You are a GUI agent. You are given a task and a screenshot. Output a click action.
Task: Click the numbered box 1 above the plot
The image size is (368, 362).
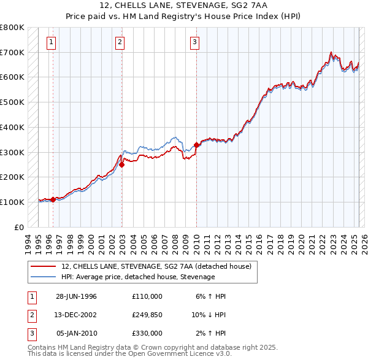tap(50, 42)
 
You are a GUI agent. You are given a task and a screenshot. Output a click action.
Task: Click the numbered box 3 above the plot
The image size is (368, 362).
tap(194, 42)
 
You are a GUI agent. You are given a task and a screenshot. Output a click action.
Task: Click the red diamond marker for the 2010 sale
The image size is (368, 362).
tap(196, 145)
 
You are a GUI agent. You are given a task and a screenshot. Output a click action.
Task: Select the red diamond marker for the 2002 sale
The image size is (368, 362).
tap(122, 164)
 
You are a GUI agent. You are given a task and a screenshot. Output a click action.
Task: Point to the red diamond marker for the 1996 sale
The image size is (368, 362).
tap(53, 199)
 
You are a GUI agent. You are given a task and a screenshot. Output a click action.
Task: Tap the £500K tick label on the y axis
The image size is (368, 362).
tap(12, 102)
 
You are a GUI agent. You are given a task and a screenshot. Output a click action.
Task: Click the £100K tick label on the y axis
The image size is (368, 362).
tap(12, 202)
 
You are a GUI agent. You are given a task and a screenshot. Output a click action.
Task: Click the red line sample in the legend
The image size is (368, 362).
tap(43, 267)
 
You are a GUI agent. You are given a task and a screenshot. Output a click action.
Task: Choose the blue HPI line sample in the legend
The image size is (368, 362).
tap(43, 277)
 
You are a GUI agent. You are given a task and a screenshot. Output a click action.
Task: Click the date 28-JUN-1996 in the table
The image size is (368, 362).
tap(76, 296)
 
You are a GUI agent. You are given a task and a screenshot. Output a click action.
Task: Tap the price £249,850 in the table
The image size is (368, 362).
tap(147, 315)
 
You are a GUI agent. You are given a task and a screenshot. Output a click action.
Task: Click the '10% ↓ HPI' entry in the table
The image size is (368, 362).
tap(209, 315)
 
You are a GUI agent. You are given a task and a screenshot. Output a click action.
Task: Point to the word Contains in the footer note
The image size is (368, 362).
tap(43, 347)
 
